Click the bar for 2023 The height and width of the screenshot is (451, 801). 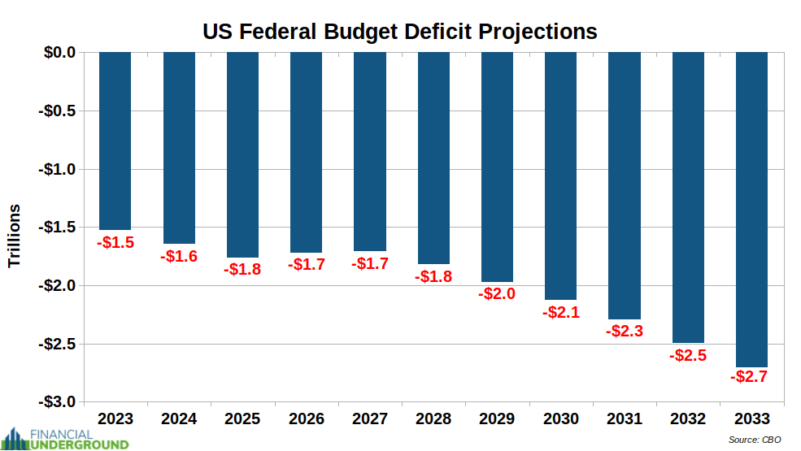pyautogui.click(x=115, y=141)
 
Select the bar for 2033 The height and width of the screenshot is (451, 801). pyautogui.click(x=751, y=210)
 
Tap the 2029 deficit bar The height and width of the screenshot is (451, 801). pyautogui.click(x=497, y=167)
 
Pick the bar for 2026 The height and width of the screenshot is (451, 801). pyautogui.click(x=306, y=152)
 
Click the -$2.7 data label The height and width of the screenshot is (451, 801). pyautogui.click(x=749, y=377)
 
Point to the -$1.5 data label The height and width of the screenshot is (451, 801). pyautogui.click(x=115, y=242)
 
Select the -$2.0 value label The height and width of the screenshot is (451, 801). pyautogui.click(x=497, y=293)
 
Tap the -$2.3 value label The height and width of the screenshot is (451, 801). pyautogui.click(x=625, y=331)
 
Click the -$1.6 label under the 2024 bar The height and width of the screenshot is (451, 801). pyautogui.click(x=179, y=256)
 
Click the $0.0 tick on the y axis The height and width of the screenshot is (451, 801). pyautogui.click(x=59, y=53)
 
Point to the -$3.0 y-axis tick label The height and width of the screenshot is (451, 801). pyautogui.click(x=57, y=402)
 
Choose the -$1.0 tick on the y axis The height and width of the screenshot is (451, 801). pyautogui.click(x=57, y=169)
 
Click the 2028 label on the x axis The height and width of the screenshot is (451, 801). pyautogui.click(x=433, y=419)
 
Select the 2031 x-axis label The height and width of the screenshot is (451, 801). pyautogui.click(x=625, y=419)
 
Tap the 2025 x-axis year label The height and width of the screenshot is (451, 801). pyautogui.click(x=242, y=419)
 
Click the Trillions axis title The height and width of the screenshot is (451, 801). pyautogui.click(x=15, y=236)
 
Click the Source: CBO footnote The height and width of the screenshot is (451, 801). pyautogui.click(x=755, y=440)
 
